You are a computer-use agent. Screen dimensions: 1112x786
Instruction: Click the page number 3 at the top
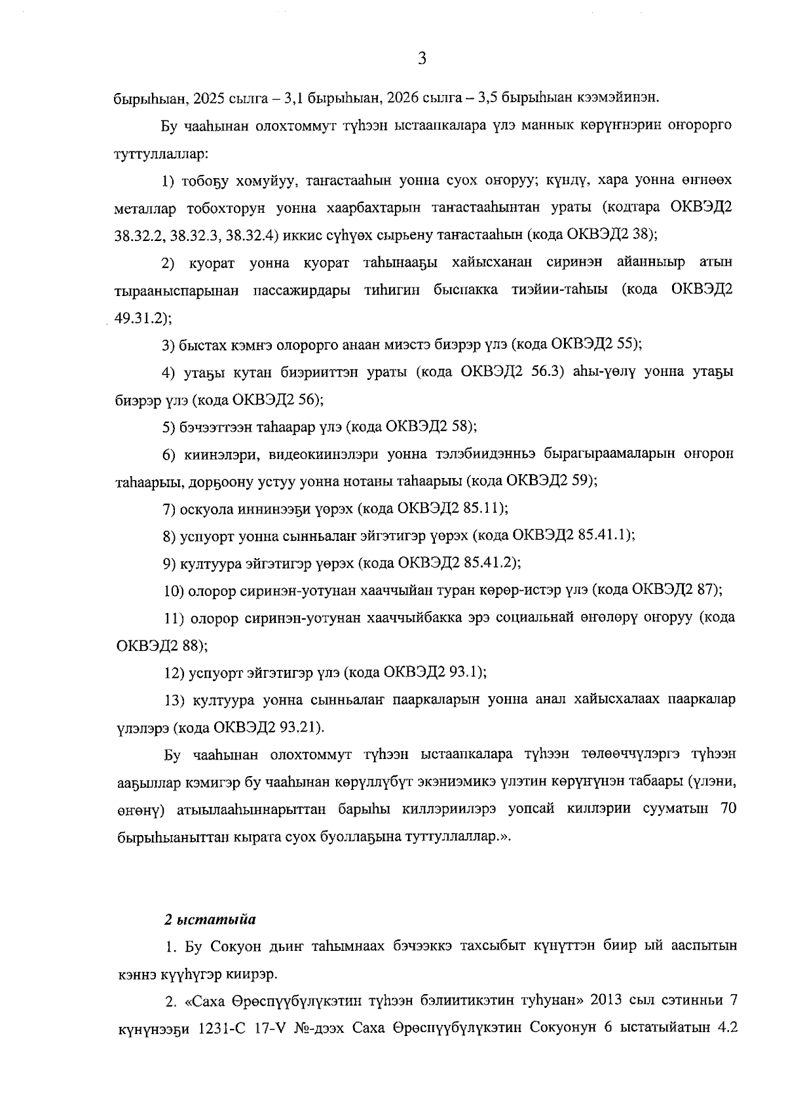(422, 59)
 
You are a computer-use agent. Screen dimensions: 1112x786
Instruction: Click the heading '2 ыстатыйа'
(210, 919)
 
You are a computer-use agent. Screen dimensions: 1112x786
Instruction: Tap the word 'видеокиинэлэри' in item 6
(318, 454)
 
